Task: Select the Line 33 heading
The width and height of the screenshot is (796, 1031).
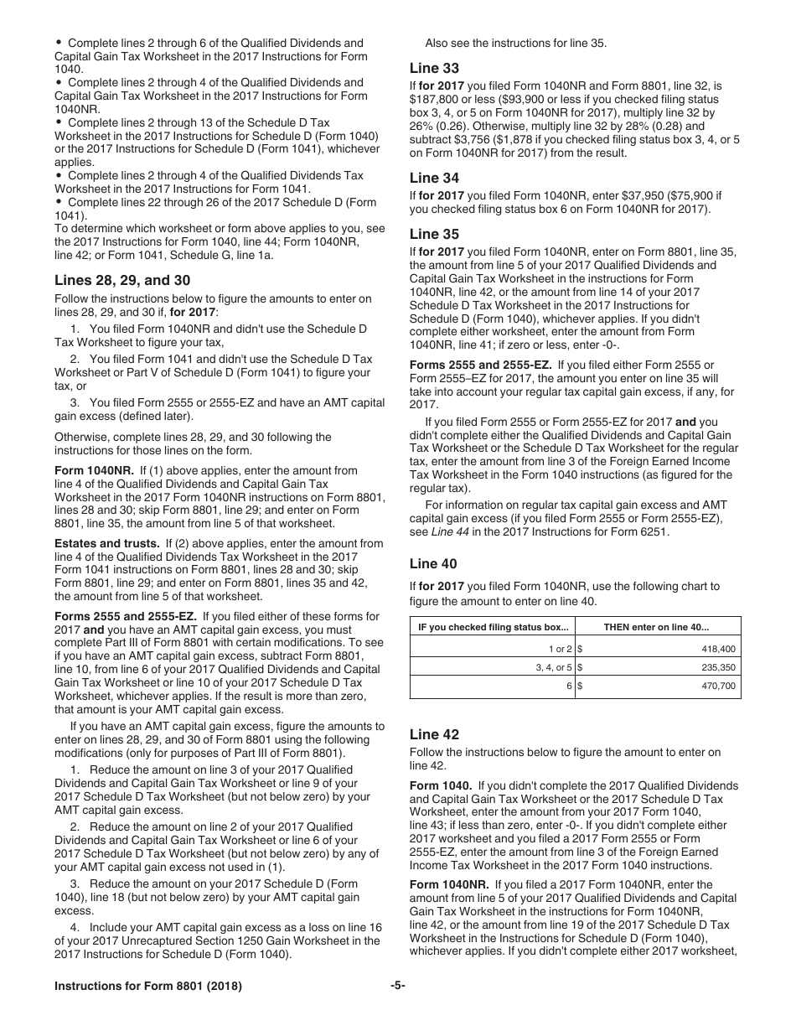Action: tap(434, 68)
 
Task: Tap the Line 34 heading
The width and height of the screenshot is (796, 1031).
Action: tap(434, 178)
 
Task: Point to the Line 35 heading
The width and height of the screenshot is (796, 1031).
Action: tap(434, 234)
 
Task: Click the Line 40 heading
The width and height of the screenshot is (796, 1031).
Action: tap(434, 563)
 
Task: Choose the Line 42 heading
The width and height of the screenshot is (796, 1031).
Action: tap(434, 734)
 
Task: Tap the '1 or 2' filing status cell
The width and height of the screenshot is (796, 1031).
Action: tap(559, 649)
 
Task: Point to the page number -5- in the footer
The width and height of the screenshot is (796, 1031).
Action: tap(397, 987)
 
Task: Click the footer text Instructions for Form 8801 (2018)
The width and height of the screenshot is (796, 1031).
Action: tap(148, 987)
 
